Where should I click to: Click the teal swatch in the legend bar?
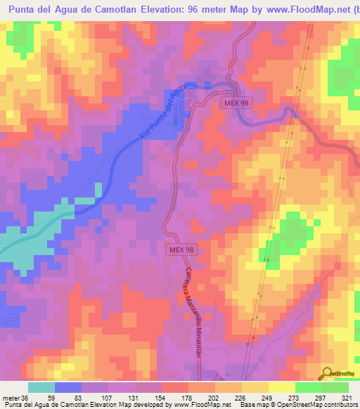[41, 387]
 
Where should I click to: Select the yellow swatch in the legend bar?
[281, 387]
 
